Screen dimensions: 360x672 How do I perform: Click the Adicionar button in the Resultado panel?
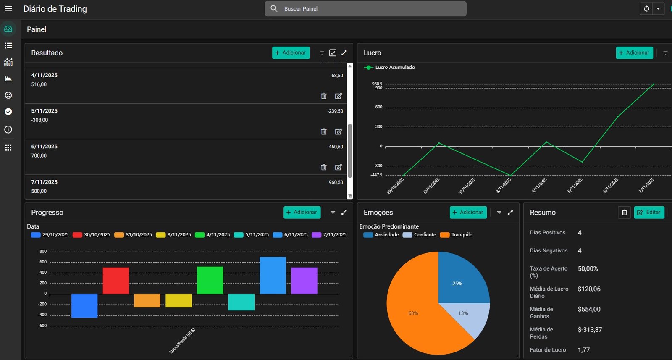[291, 53]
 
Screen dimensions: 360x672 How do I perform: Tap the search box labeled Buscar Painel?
[365, 9]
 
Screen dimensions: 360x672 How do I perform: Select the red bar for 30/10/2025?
[116, 281]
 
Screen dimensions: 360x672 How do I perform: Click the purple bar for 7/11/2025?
[304, 281]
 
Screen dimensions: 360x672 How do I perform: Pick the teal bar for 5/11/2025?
[241, 302]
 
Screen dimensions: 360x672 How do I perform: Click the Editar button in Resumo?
[649, 213]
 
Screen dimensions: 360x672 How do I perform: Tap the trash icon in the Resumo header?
[624, 213]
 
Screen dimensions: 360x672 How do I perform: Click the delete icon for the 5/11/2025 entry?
[324, 131]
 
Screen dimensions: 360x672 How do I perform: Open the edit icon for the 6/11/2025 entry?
[339, 167]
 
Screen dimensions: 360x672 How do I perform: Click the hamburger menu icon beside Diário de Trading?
[8, 9]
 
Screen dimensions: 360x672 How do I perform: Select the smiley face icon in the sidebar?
[8, 95]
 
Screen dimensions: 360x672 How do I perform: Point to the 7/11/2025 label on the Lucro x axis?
[647, 185]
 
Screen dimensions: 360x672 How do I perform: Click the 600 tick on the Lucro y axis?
[379, 107]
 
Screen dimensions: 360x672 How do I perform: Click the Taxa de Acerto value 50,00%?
[588, 269]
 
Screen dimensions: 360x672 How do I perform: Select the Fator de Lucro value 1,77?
[584, 350]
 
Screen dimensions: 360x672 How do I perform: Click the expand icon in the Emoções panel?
[510, 213]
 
